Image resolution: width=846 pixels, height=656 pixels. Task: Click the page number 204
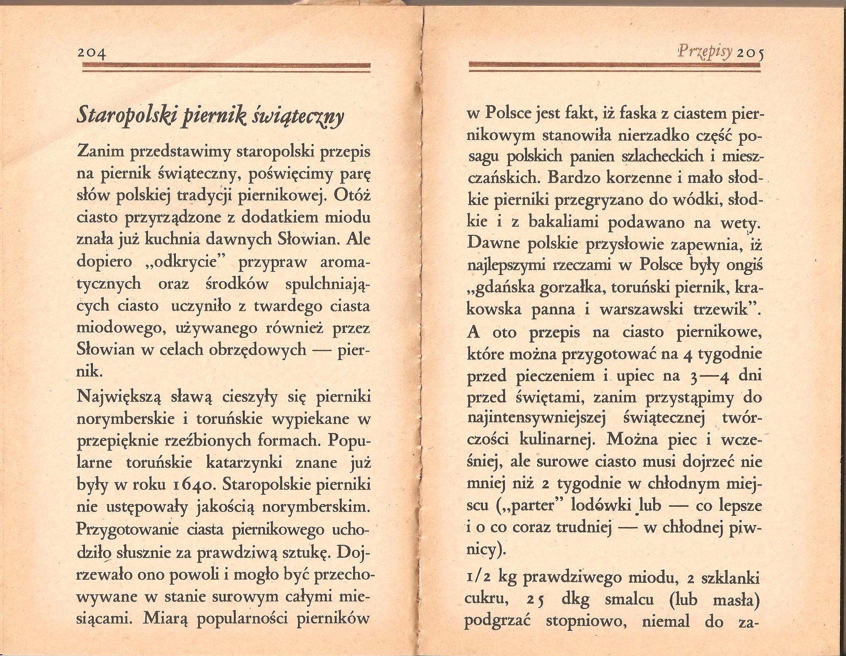tap(92, 54)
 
